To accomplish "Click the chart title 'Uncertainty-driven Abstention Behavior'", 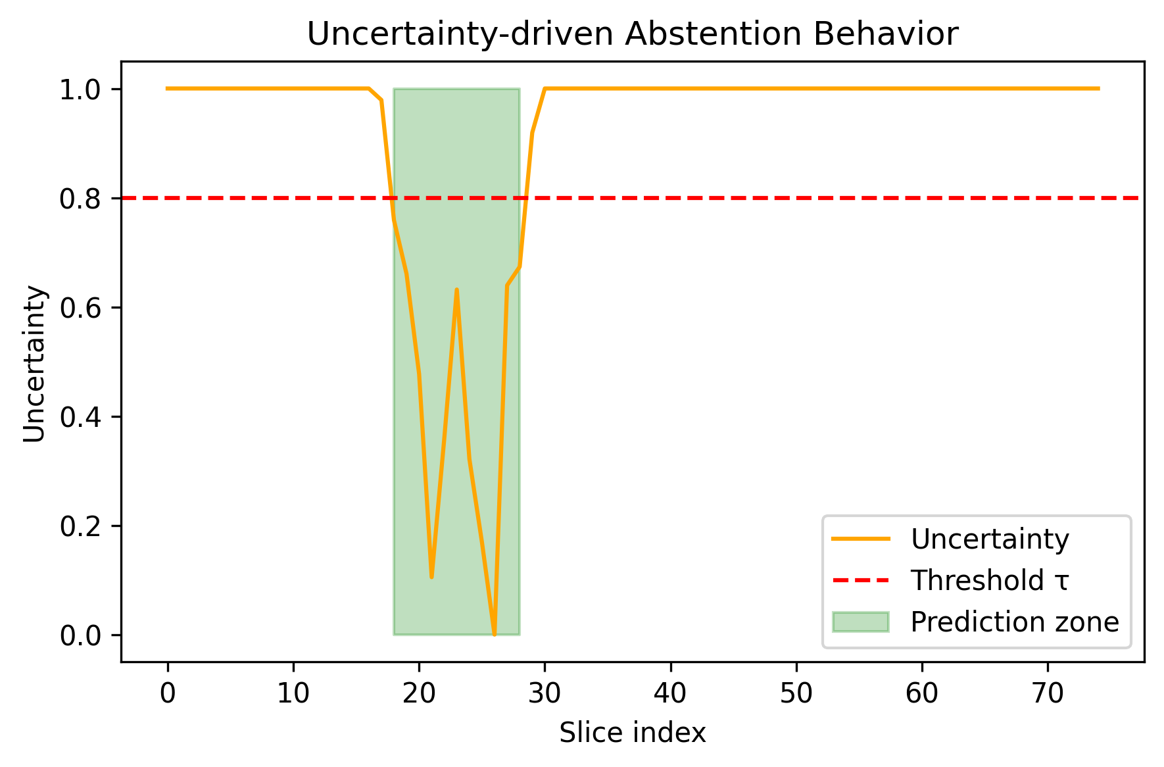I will click(632, 34).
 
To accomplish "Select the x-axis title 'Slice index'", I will click(632, 732).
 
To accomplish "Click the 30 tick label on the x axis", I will click(545, 693).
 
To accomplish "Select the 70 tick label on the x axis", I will click(1048, 693).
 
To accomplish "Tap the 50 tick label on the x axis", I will click(796, 693).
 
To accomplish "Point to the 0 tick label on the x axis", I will click(168, 693).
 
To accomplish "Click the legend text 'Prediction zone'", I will click(1014, 622).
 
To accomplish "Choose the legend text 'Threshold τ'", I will click(989, 580).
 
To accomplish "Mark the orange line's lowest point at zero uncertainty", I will click(495, 634).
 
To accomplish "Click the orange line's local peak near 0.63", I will click(456, 289).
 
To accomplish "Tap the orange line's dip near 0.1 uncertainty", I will click(431, 577).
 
